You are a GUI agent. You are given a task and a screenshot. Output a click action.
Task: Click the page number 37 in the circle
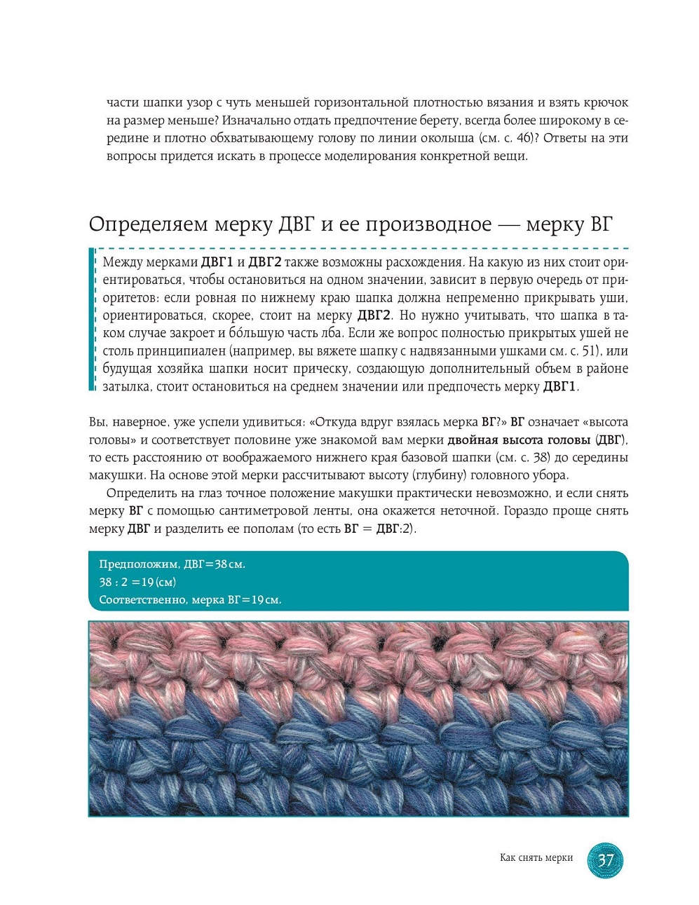click(x=604, y=859)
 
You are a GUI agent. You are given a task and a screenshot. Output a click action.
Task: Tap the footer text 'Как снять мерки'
click(x=536, y=858)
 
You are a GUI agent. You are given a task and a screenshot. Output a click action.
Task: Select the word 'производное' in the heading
click(x=426, y=224)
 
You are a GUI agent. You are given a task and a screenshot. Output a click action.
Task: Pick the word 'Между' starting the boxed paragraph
click(x=123, y=263)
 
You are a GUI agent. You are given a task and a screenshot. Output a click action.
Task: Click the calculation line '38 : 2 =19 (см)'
click(x=137, y=583)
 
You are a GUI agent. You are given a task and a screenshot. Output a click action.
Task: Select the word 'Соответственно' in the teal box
click(x=142, y=600)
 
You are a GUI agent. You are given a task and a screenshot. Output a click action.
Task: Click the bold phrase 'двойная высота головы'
click(x=519, y=440)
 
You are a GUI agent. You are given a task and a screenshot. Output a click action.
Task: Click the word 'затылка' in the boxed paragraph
click(x=126, y=386)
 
